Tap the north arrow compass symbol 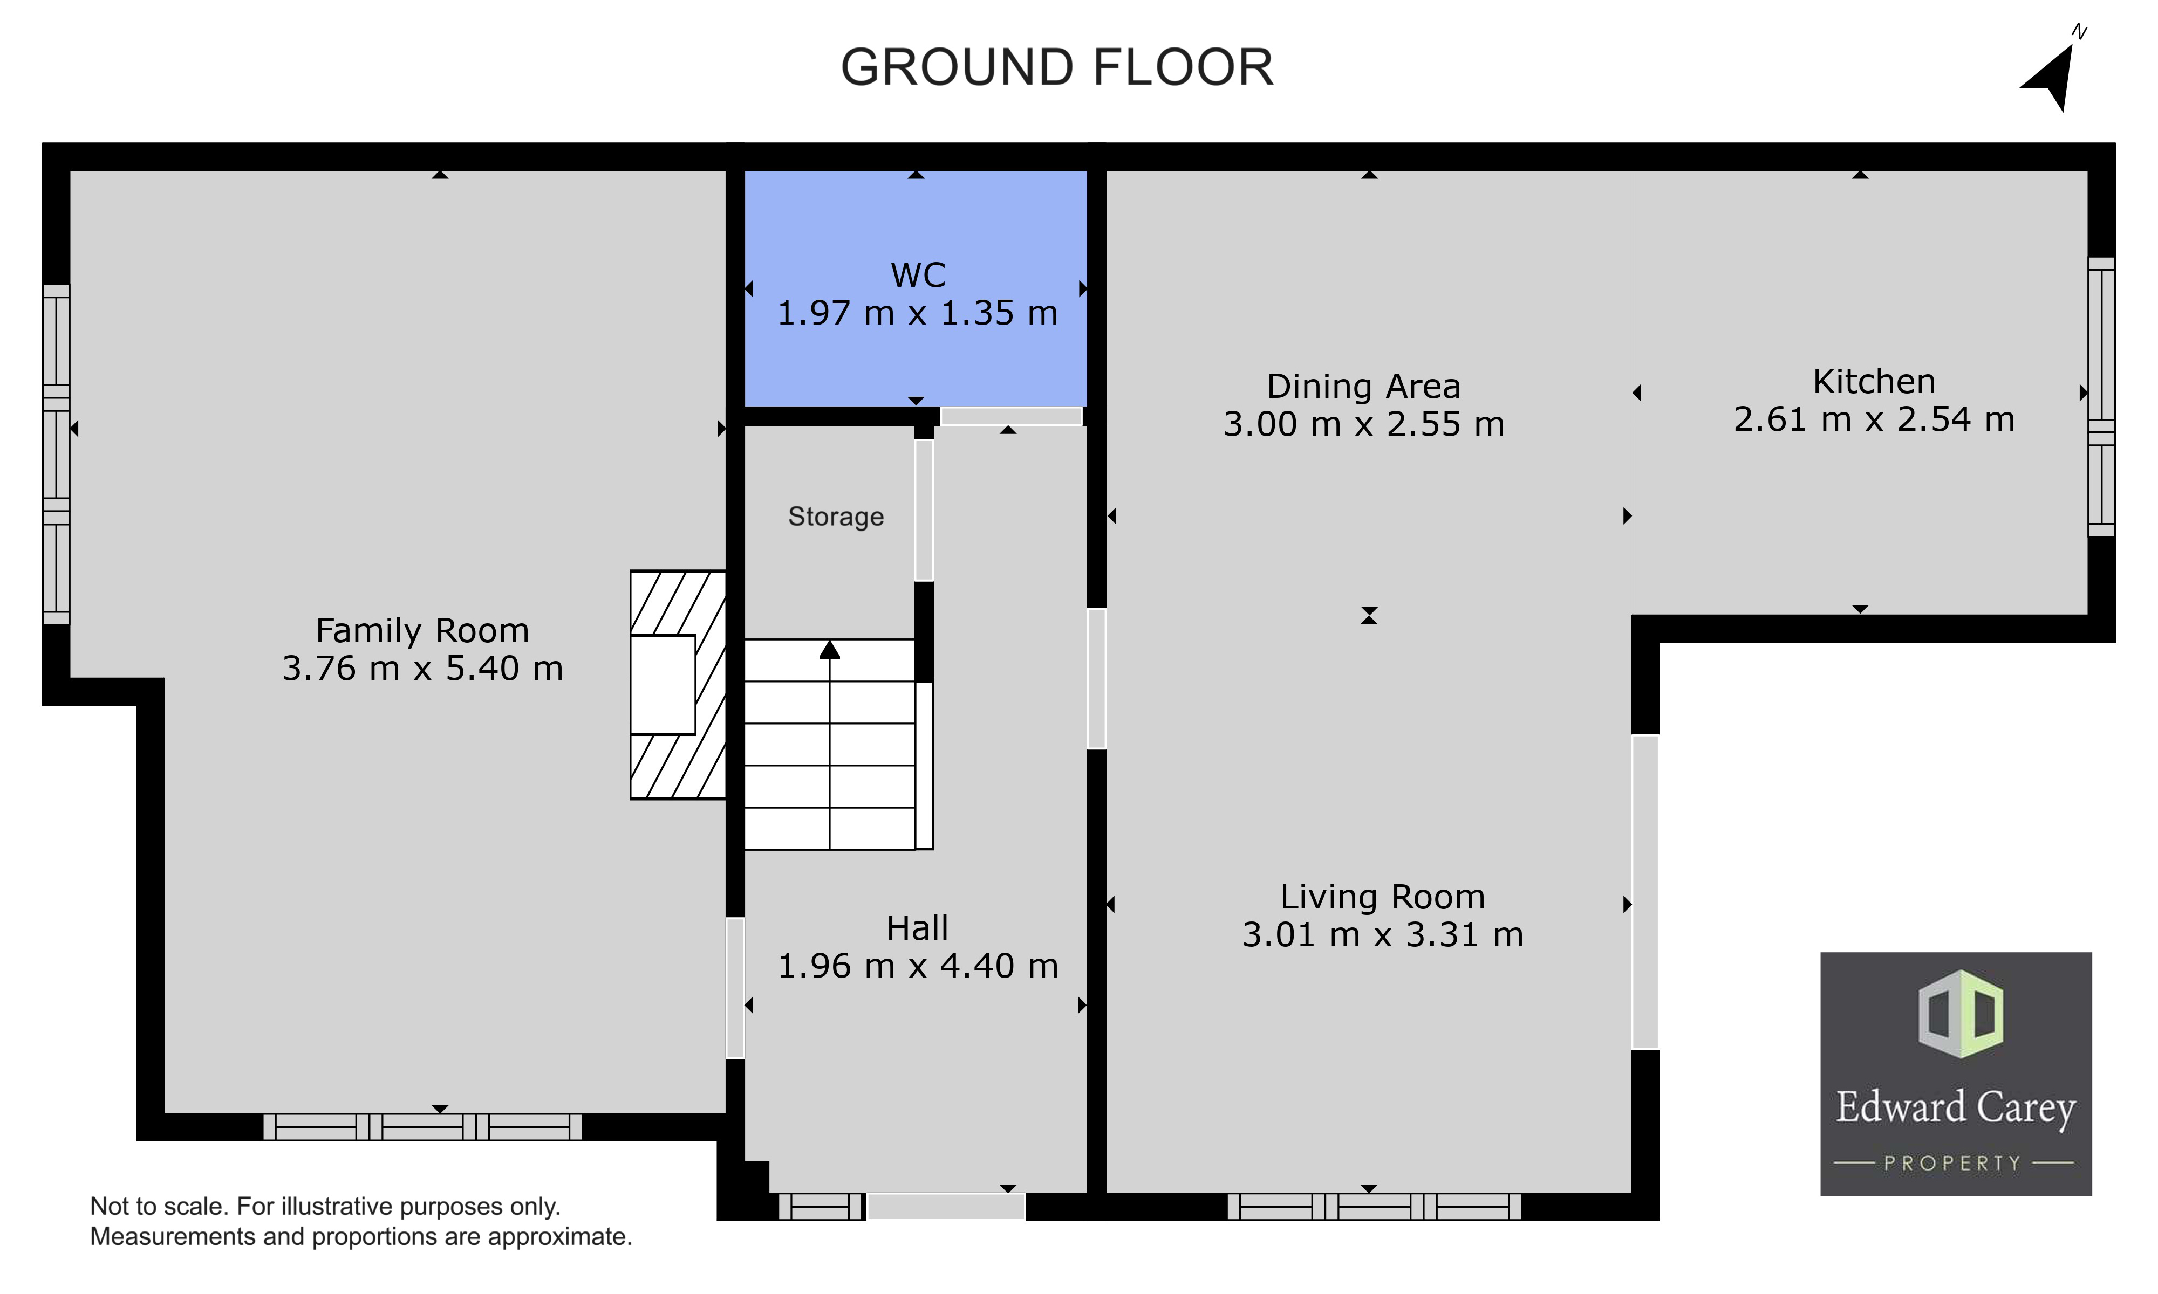(2054, 77)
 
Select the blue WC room (916, 288)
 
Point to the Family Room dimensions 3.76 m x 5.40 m (422, 669)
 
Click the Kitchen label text (1874, 381)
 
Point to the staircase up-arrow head (830, 650)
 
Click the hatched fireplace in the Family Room (678, 685)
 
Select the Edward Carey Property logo (1956, 1073)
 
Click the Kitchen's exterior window (2101, 397)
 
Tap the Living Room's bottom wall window (1374, 1207)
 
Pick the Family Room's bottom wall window (422, 1126)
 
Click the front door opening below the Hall (946, 1207)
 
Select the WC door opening (1011, 416)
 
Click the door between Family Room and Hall (735, 988)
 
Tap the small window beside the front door (821, 1207)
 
